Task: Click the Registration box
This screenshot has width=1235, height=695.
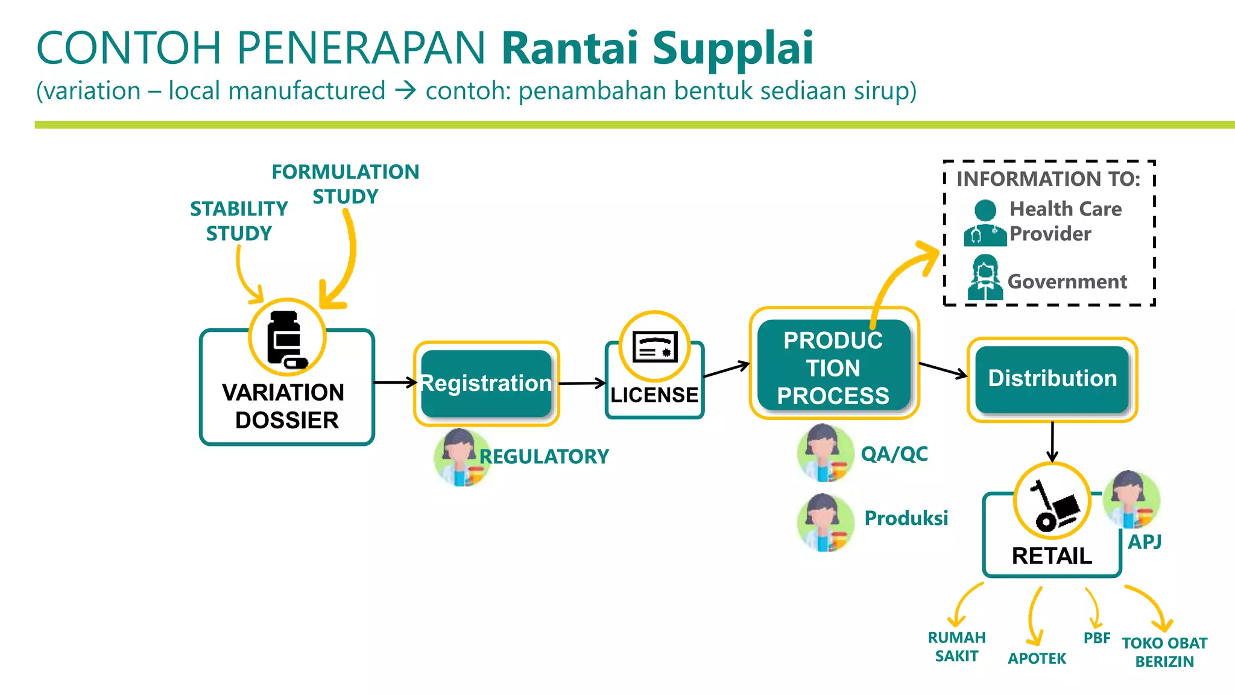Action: pos(486,384)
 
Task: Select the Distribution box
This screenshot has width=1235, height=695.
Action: pos(1052,379)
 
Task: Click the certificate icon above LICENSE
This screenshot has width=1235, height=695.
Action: pos(655,347)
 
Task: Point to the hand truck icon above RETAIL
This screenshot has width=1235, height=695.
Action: pos(1053,504)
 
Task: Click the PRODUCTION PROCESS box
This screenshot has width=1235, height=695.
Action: pos(833,367)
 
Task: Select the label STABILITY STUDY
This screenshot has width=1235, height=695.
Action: pos(239,221)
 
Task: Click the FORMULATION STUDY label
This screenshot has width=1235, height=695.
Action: pos(345,184)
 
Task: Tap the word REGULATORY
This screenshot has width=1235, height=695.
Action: pos(544,457)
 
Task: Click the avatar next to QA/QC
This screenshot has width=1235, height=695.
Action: pos(824,453)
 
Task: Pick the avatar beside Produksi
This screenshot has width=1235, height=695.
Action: pos(824,522)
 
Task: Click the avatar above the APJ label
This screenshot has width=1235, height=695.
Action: pos(1131,500)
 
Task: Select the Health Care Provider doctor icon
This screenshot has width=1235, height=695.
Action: pos(985,224)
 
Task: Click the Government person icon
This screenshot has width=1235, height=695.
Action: pos(985,278)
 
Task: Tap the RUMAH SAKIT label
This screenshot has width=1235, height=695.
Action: pos(956,647)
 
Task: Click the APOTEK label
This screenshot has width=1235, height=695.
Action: pos(1037,658)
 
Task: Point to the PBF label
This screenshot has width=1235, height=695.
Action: pos(1096,638)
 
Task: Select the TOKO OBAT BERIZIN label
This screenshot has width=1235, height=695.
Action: pos(1164,652)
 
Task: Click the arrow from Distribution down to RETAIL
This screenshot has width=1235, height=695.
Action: pos(1052,442)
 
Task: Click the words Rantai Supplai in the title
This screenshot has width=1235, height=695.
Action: pos(657,48)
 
